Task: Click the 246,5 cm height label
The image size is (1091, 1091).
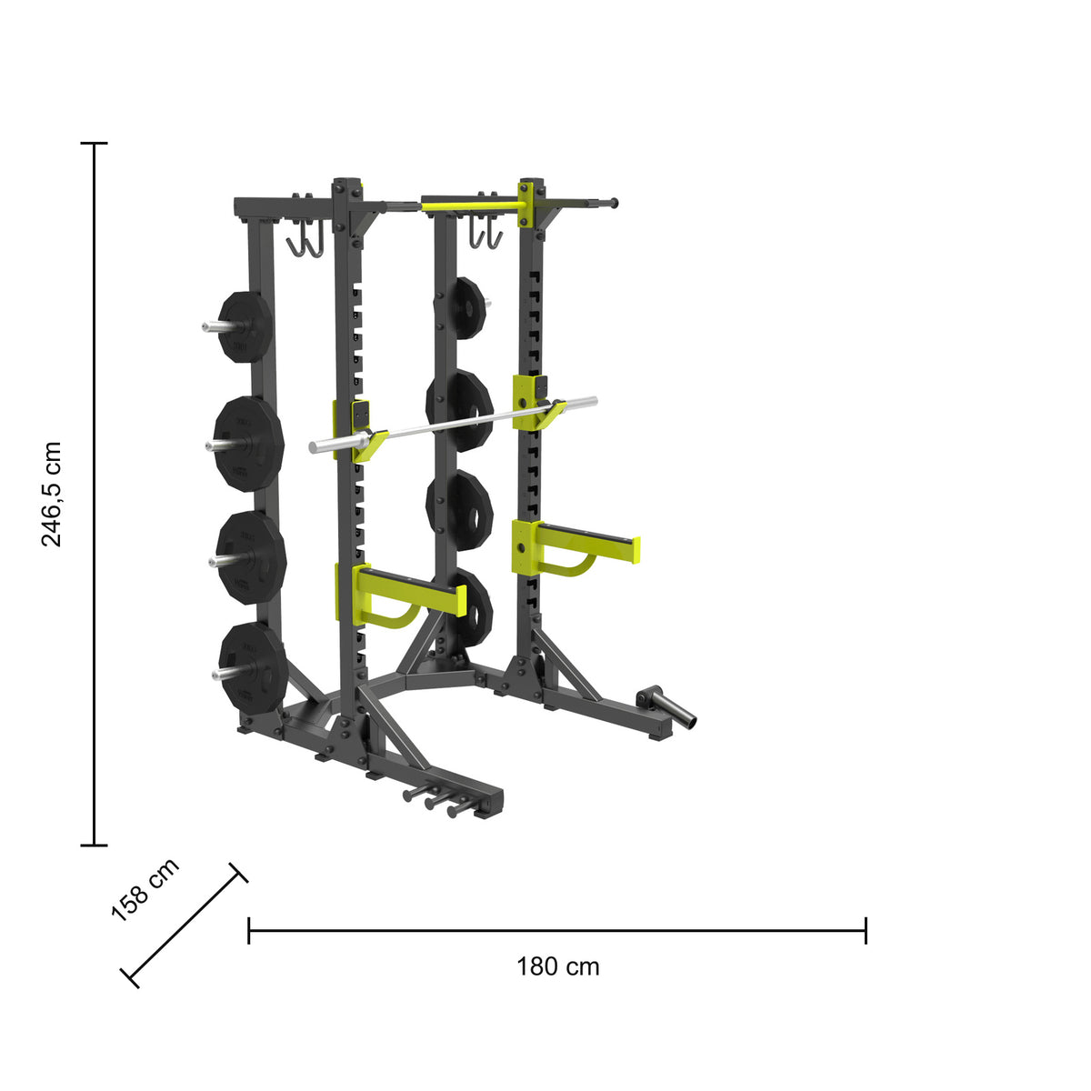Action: pyautogui.click(x=52, y=494)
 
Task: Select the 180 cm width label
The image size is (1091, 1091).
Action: pyautogui.click(x=557, y=966)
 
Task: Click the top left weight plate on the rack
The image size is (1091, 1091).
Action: pyautogui.click(x=245, y=326)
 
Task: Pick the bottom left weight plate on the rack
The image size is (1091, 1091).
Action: pyautogui.click(x=252, y=668)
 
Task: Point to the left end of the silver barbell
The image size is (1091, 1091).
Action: pyautogui.click(x=313, y=447)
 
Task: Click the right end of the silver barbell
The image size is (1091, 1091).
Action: pyautogui.click(x=594, y=402)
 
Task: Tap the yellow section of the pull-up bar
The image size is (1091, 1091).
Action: pyautogui.click(x=470, y=205)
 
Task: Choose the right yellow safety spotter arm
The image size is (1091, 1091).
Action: pyautogui.click(x=575, y=545)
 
